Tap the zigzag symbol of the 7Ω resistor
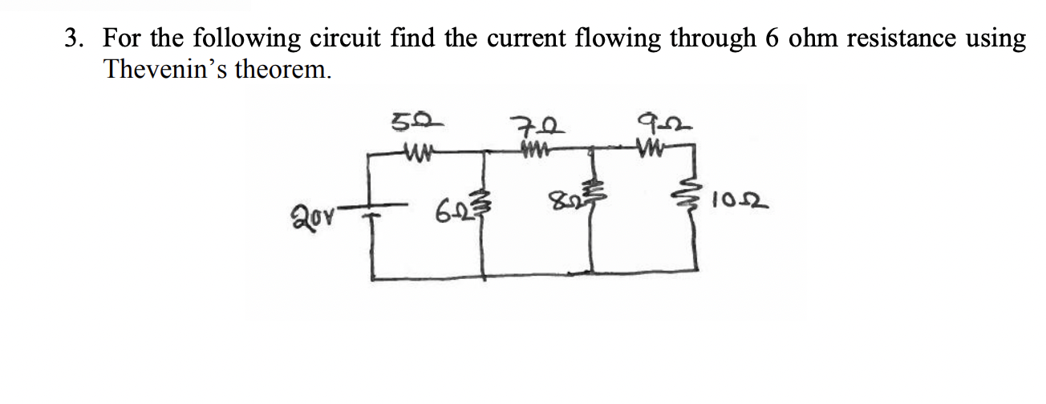533,150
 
